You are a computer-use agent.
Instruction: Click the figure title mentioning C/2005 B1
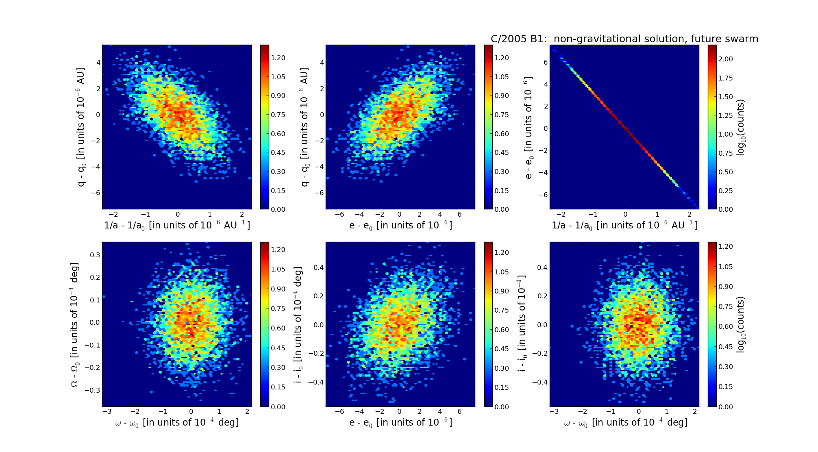(624, 39)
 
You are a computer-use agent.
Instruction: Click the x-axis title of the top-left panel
(177, 225)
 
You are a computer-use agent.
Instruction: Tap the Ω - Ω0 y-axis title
(74, 324)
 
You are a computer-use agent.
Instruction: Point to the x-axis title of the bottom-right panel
(625, 423)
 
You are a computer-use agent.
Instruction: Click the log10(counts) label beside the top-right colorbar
(740, 127)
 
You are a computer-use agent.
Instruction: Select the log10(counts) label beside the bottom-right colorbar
(740, 324)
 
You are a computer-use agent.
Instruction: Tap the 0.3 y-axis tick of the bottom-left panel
(95, 255)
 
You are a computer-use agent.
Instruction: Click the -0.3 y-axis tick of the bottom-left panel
(93, 390)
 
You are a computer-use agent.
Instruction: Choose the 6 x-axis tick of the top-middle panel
(459, 214)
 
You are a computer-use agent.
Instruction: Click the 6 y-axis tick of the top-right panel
(545, 62)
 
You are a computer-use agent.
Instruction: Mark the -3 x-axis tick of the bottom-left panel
(107, 411)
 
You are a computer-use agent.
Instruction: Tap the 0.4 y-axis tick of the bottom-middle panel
(318, 267)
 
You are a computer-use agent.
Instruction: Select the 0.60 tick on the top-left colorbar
(278, 134)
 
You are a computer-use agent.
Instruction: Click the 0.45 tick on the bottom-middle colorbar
(502, 349)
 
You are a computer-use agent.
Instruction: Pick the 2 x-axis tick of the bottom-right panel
(695, 411)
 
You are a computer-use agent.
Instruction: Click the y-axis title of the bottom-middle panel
(298, 324)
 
